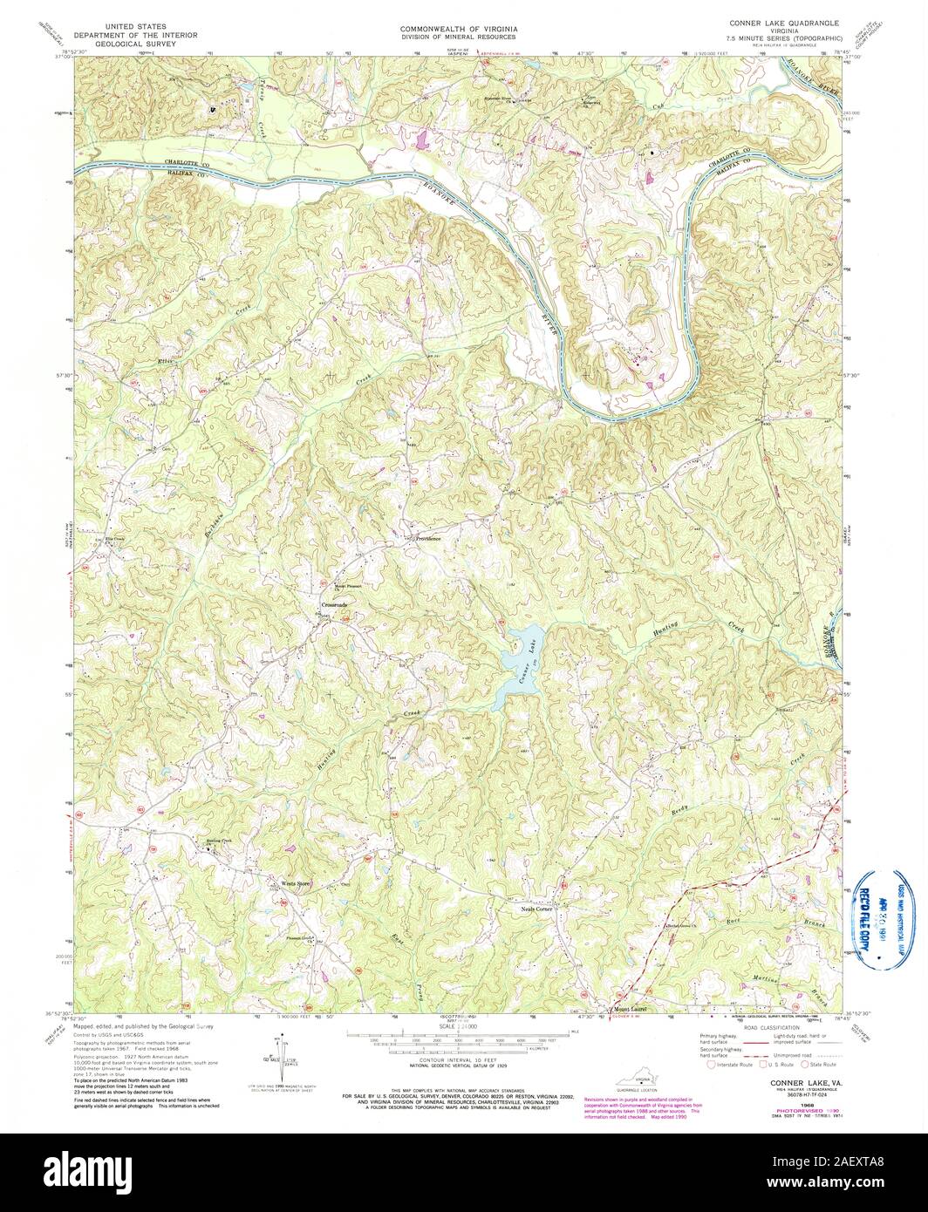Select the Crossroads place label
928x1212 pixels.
point(334,604)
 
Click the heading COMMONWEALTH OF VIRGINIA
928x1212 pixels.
point(459,29)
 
